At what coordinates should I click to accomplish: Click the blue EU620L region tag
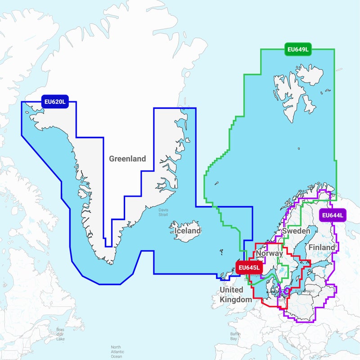tap(54, 102)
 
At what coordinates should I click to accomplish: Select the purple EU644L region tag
tap(332, 216)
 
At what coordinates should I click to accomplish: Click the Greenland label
tap(128, 158)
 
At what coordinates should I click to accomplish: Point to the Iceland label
tap(188, 230)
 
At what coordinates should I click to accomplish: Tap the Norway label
tap(269, 253)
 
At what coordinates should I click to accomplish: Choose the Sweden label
tap(296, 231)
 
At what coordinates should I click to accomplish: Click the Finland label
tap(322, 247)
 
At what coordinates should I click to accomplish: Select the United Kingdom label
tap(236, 294)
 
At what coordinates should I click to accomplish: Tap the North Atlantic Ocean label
tap(117, 351)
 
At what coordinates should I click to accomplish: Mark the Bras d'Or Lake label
tap(60, 334)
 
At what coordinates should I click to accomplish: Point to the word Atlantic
tap(117, 351)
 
